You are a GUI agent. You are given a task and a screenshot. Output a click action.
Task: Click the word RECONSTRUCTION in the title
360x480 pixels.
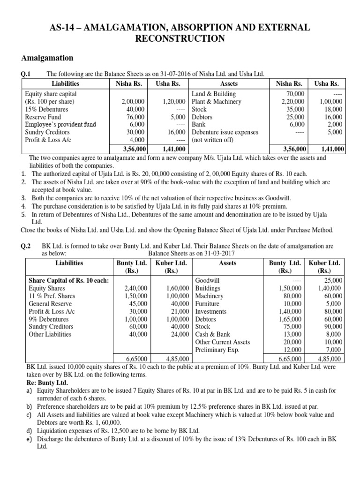180,39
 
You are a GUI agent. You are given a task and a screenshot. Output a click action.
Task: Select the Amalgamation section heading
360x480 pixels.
47,58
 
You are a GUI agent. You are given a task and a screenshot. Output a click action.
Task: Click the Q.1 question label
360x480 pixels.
27,74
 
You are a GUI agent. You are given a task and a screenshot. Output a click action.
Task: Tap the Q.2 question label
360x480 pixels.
27,246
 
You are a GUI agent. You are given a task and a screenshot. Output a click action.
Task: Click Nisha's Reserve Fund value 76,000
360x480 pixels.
136,117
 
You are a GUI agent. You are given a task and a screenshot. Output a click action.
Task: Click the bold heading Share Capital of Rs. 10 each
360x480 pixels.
67,280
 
